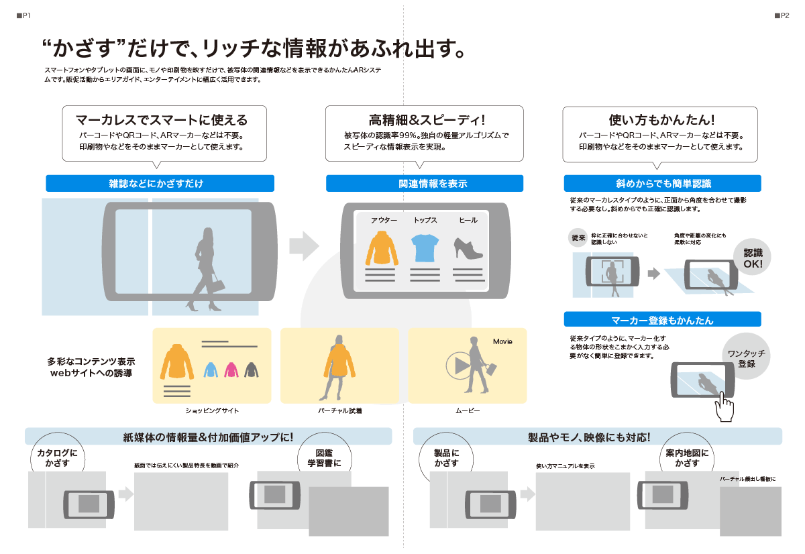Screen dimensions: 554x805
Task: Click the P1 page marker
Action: (x=23, y=15)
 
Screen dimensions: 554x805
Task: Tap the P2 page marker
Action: (x=782, y=15)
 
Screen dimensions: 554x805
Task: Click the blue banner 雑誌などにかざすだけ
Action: (x=160, y=183)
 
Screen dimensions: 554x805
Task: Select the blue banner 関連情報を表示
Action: (x=424, y=183)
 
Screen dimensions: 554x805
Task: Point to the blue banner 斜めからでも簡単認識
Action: (x=662, y=183)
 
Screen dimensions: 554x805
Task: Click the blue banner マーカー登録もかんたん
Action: (x=662, y=320)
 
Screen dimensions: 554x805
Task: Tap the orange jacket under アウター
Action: (x=382, y=248)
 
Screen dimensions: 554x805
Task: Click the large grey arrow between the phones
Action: (x=305, y=245)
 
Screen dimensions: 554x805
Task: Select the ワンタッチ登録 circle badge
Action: (x=747, y=358)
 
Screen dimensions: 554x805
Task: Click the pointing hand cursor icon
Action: (x=724, y=406)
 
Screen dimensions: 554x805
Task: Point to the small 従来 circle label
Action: (x=578, y=238)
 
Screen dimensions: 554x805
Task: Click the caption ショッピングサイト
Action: (x=212, y=410)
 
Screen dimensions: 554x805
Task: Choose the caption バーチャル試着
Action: (x=340, y=410)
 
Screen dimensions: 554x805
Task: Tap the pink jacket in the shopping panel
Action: (x=231, y=369)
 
